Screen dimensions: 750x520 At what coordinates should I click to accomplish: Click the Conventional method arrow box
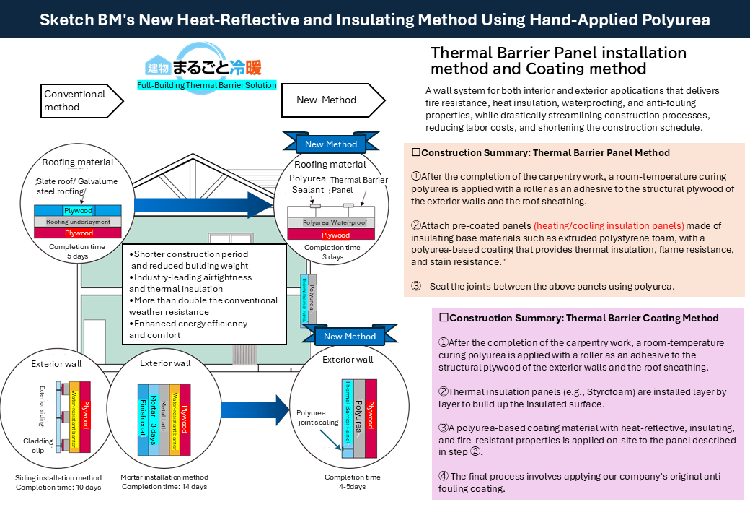click(81, 101)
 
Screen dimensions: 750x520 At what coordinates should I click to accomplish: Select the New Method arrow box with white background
click(333, 100)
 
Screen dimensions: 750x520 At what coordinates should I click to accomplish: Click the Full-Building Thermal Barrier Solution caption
click(207, 85)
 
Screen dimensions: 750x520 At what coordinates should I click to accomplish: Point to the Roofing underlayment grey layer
click(77, 222)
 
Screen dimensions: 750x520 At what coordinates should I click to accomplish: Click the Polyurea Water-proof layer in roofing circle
click(331, 222)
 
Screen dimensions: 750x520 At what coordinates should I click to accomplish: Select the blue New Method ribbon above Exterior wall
click(350, 336)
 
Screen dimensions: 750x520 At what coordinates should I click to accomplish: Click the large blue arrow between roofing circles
click(204, 205)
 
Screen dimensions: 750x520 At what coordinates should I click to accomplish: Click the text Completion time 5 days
click(77, 251)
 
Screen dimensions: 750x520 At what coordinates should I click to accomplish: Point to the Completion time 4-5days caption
click(353, 482)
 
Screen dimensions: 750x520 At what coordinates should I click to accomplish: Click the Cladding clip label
click(37, 446)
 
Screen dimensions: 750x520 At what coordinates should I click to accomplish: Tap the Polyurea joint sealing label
click(317, 417)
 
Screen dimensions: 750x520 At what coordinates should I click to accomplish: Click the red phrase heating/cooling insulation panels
click(609, 225)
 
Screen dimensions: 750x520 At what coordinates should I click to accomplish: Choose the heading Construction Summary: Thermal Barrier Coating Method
click(579, 318)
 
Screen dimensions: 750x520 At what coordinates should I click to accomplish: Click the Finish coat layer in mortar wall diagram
click(143, 418)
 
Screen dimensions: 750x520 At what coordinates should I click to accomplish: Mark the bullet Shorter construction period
click(189, 254)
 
